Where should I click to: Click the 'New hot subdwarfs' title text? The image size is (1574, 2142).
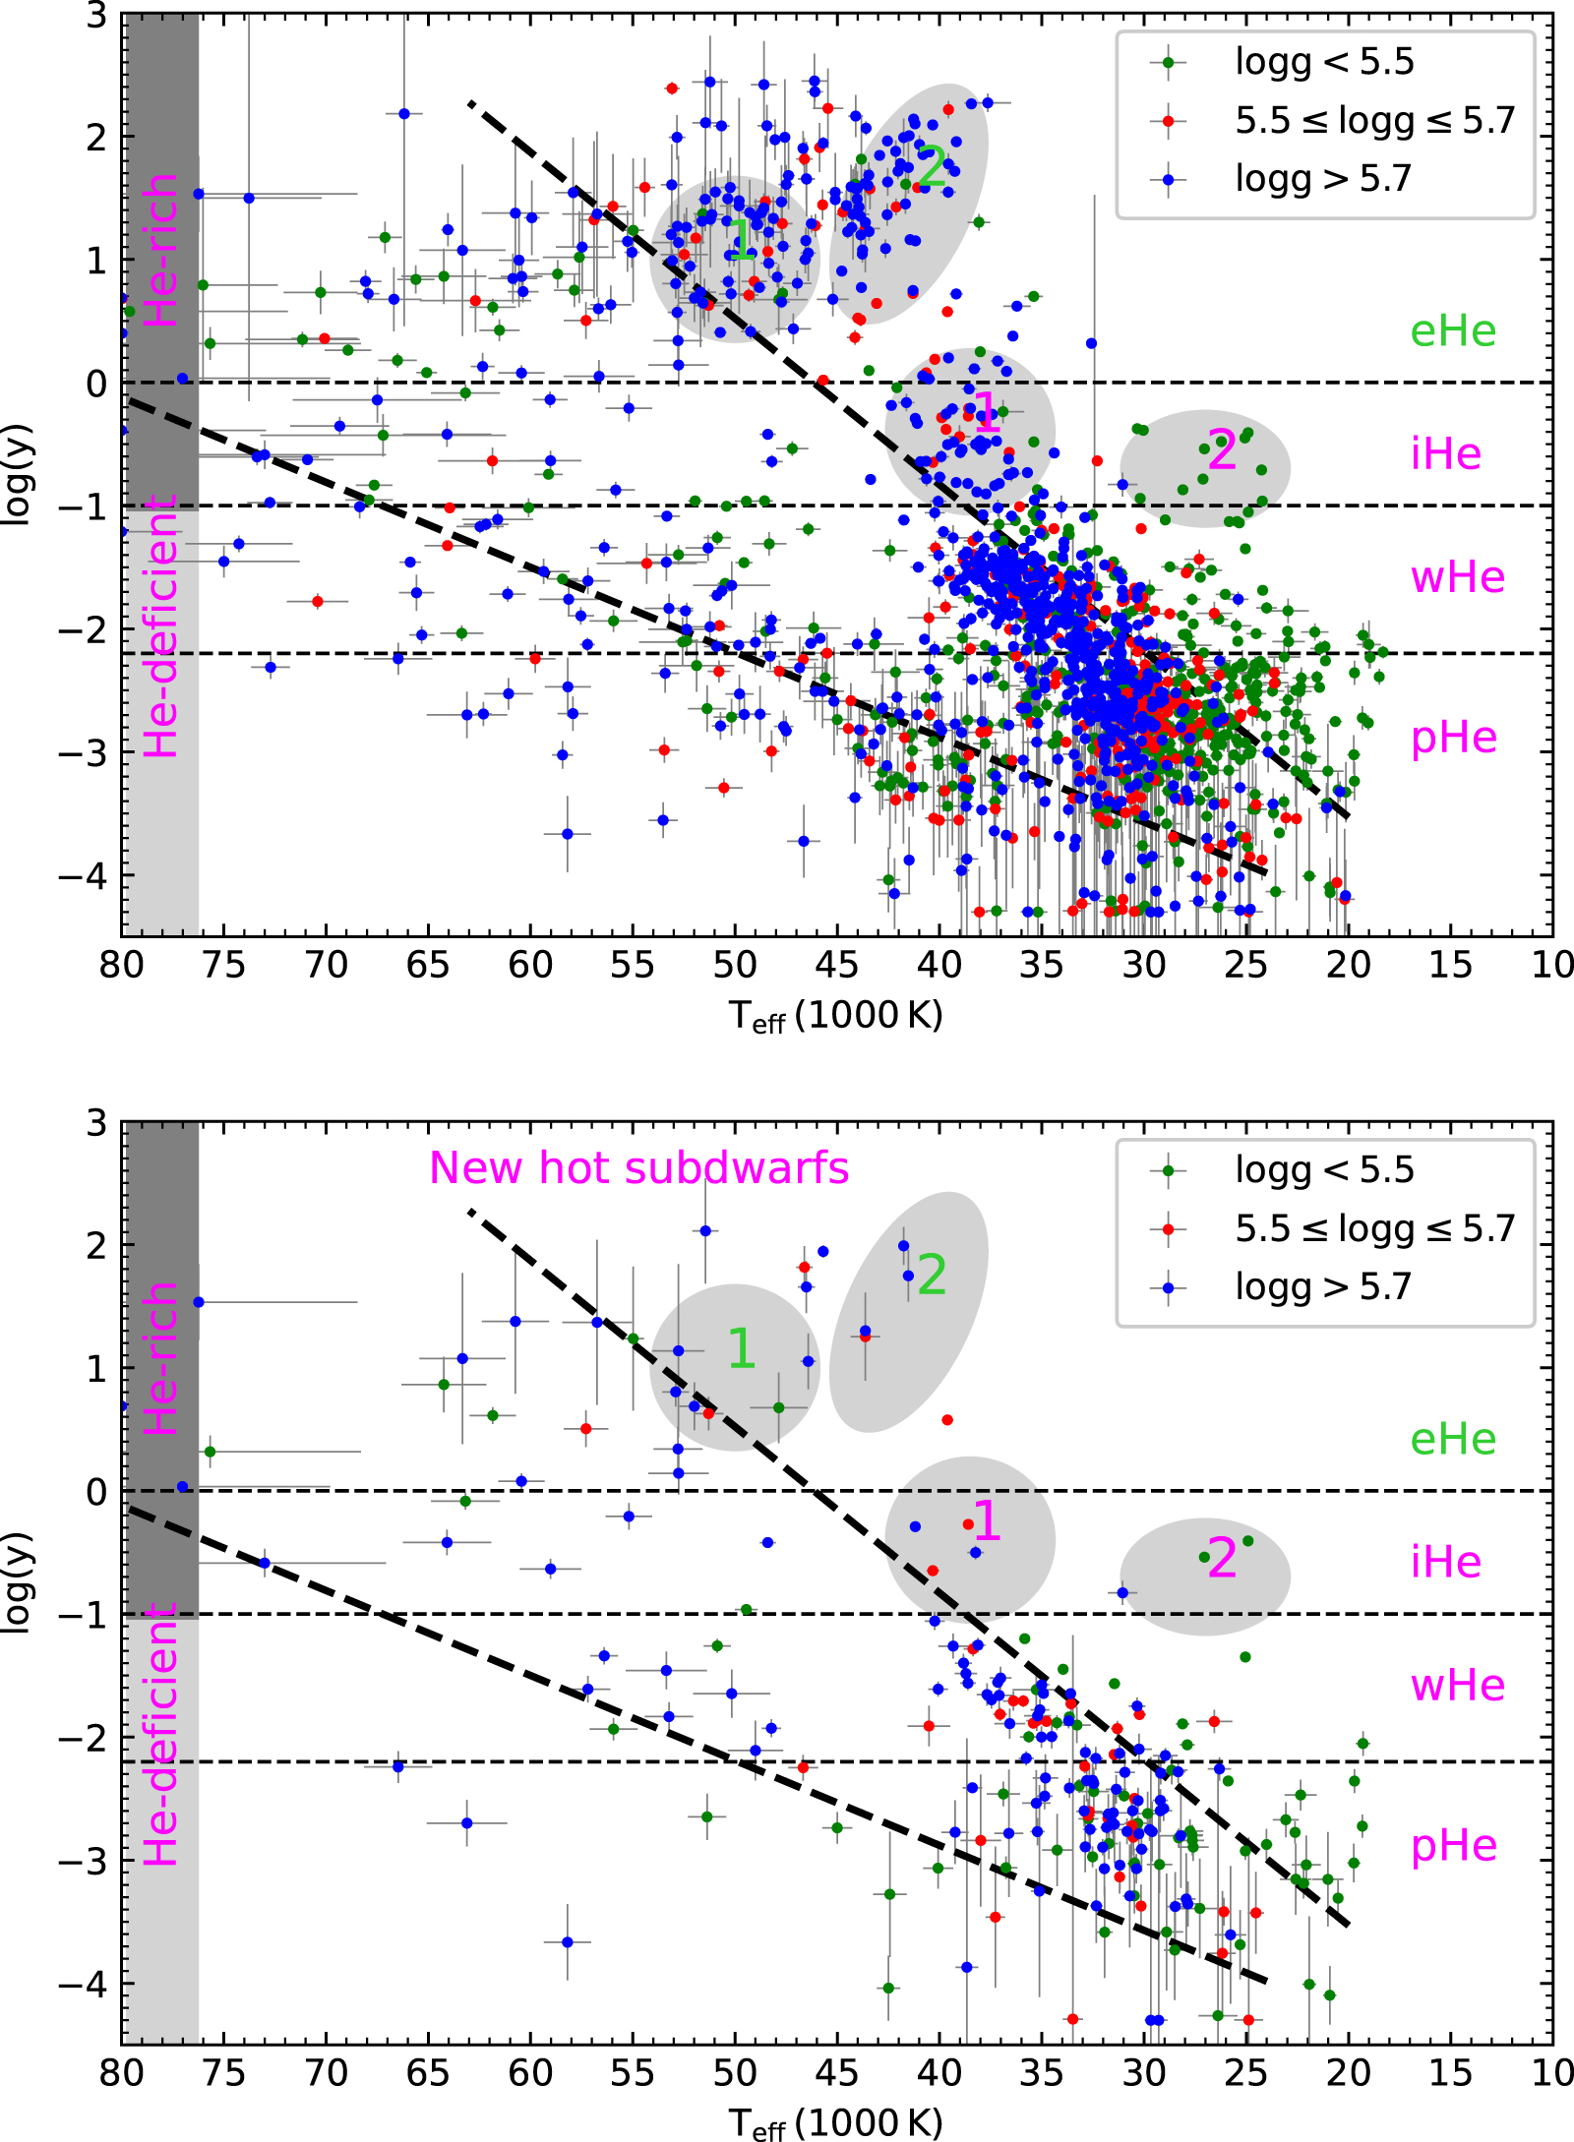point(638,1168)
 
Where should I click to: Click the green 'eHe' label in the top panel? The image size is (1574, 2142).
point(1452,331)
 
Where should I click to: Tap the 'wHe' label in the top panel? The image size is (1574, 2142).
point(1457,577)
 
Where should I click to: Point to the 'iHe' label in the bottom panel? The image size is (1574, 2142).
point(1445,1562)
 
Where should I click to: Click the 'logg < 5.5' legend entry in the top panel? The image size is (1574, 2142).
point(1323,62)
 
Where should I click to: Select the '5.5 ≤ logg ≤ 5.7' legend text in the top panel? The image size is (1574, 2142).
point(1374,120)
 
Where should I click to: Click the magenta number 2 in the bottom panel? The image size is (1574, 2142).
point(1221,1559)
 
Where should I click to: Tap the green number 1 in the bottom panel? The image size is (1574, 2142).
point(741,1348)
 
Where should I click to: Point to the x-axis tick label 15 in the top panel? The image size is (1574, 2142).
point(1450,966)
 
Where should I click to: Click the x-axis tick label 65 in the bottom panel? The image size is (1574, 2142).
point(427,2073)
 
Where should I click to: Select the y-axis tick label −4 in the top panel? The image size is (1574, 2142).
point(83,875)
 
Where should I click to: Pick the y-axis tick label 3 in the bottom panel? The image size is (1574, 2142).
point(96,1122)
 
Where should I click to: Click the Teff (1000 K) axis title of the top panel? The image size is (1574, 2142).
point(835,1016)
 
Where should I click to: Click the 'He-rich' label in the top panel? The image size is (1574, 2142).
point(161,251)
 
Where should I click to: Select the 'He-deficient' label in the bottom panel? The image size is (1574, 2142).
point(161,1735)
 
